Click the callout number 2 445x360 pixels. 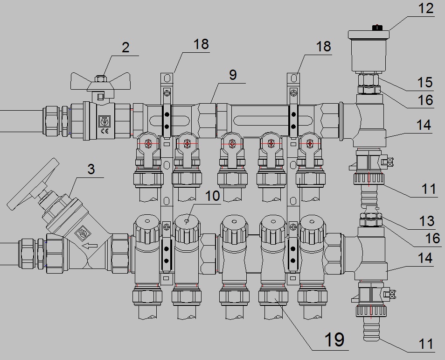tap(126, 48)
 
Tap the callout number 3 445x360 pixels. tap(91, 169)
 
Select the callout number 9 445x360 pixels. tap(233, 75)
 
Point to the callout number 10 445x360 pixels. tap(213, 196)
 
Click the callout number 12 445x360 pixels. tap(426, 8)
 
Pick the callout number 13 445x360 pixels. tap(427, 221)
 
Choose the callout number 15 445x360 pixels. tap(425, 82)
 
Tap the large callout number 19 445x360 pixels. tap(334, 339)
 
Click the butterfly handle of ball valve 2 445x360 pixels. tap(101, 82)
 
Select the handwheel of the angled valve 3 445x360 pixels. tap(33, 184)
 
